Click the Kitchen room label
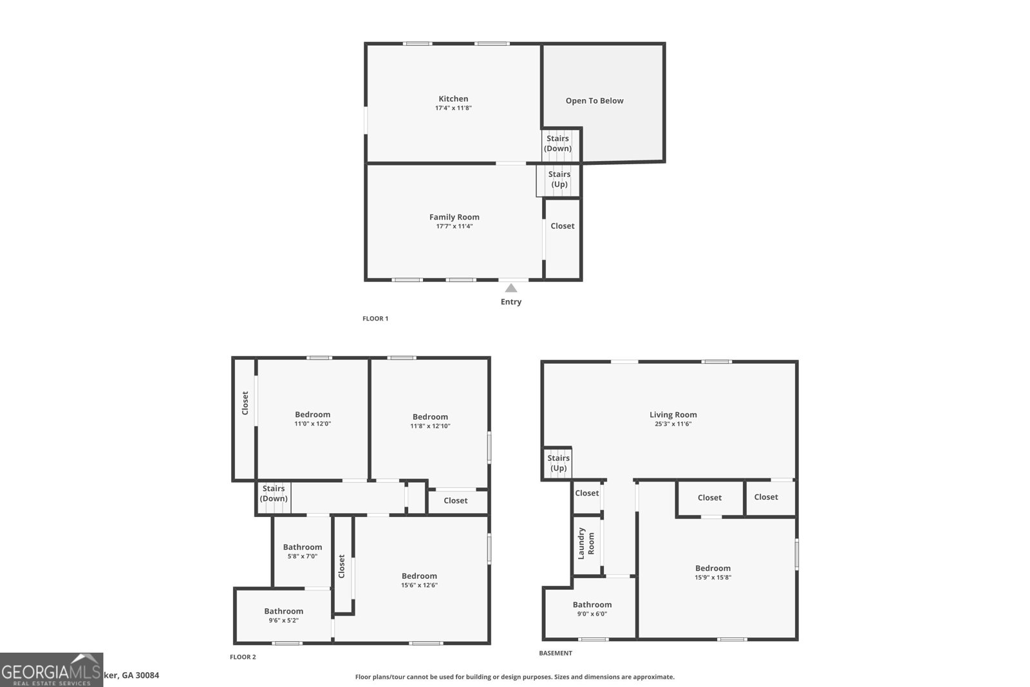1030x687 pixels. (x=453, y=99)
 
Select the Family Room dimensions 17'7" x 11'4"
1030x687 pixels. (x=454, y=227)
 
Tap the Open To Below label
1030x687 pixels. (x=594, y=100)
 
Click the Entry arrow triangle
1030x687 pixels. (x=511, y=288)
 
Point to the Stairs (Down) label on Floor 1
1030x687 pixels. (x=557, y=144)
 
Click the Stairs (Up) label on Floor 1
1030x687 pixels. (x=559, y=179)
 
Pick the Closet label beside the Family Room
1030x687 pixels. (x=562, y=226)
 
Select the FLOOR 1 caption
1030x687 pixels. (x=375, y=319)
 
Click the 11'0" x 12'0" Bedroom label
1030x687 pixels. (x=312, y=415)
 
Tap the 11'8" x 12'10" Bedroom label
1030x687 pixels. (x=430, y=417)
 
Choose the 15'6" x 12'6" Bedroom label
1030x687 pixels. (x=419, y=576)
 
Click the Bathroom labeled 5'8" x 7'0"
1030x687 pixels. (x=303, y=547)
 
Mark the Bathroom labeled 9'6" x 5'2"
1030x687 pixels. (x=283, y=612)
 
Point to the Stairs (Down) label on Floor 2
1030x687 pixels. (x=274, y=494)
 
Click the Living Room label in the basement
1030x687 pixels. (x=673, y=415)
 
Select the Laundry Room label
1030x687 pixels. (x=586, y=543)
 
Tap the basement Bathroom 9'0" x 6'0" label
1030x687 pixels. (x=592, y=605)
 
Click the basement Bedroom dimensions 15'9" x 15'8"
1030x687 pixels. (x=713, y=578)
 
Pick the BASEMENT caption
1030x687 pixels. (x=555, y=653)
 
